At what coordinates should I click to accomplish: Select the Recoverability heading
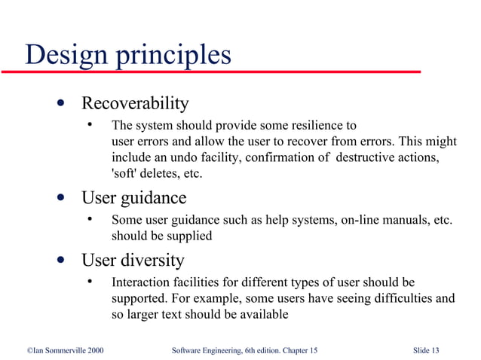pos(135,102)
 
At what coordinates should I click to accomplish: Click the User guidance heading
pos(133,198)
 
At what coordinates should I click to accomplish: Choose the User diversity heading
pos(133,261)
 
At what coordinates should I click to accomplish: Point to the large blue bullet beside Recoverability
pos(59,103)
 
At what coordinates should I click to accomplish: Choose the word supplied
pos(187,236)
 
